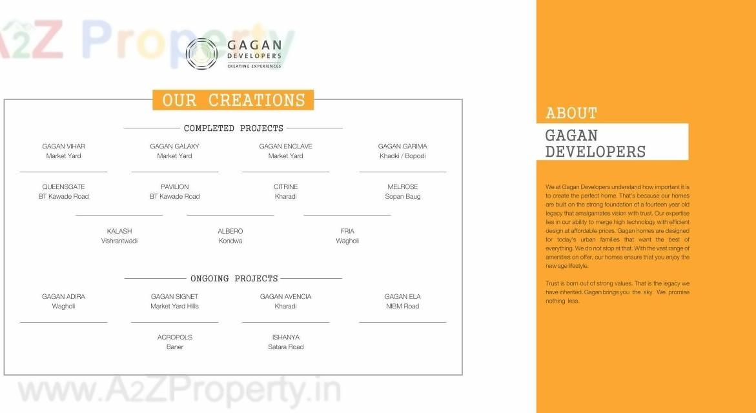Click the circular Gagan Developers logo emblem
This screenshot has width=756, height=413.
[201, 54]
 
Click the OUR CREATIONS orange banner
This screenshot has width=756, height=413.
[233, 100]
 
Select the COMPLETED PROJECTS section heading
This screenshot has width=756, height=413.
[233, 128]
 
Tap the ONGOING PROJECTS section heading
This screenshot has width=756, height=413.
[234, 279]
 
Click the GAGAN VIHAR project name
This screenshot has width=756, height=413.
[63, 146]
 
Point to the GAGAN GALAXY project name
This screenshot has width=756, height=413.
[174, 146]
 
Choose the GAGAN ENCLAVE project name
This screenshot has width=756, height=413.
[285, 146]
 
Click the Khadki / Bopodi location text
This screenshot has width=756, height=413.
[402, 156]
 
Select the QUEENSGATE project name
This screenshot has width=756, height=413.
[63, 187]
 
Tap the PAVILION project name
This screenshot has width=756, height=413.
[174, 187]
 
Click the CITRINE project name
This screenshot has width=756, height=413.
[285, 187]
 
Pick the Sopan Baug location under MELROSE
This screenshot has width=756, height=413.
[402, 197]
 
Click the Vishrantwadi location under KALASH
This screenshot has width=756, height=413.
[119, 241]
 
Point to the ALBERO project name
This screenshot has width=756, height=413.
[230, 231]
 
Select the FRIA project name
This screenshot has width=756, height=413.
[347, 231]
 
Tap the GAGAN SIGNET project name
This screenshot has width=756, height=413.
[174, 297]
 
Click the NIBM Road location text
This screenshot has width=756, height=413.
[402, 307]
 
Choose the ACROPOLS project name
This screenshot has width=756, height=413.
[174, 337]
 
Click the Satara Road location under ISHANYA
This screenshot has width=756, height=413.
[285, 347]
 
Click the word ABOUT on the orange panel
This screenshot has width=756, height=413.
[571, 113]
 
